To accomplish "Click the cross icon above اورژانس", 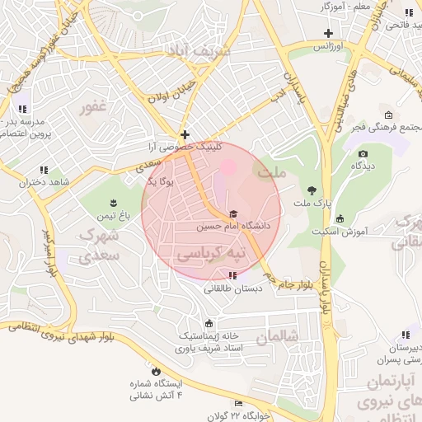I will click(329, 34).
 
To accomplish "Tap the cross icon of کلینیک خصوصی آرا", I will click(185, 134).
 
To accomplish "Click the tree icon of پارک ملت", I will click(311, 191).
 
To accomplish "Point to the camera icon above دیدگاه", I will click(363, 153).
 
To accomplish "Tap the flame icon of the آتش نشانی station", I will click(153, 372).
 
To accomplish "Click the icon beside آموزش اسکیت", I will click(340, 218).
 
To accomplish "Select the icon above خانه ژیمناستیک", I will click(209, 323).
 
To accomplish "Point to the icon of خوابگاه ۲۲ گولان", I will click(239, 403).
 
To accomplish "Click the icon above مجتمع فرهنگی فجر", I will click(387, 115).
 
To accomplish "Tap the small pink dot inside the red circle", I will click(227, 168).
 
